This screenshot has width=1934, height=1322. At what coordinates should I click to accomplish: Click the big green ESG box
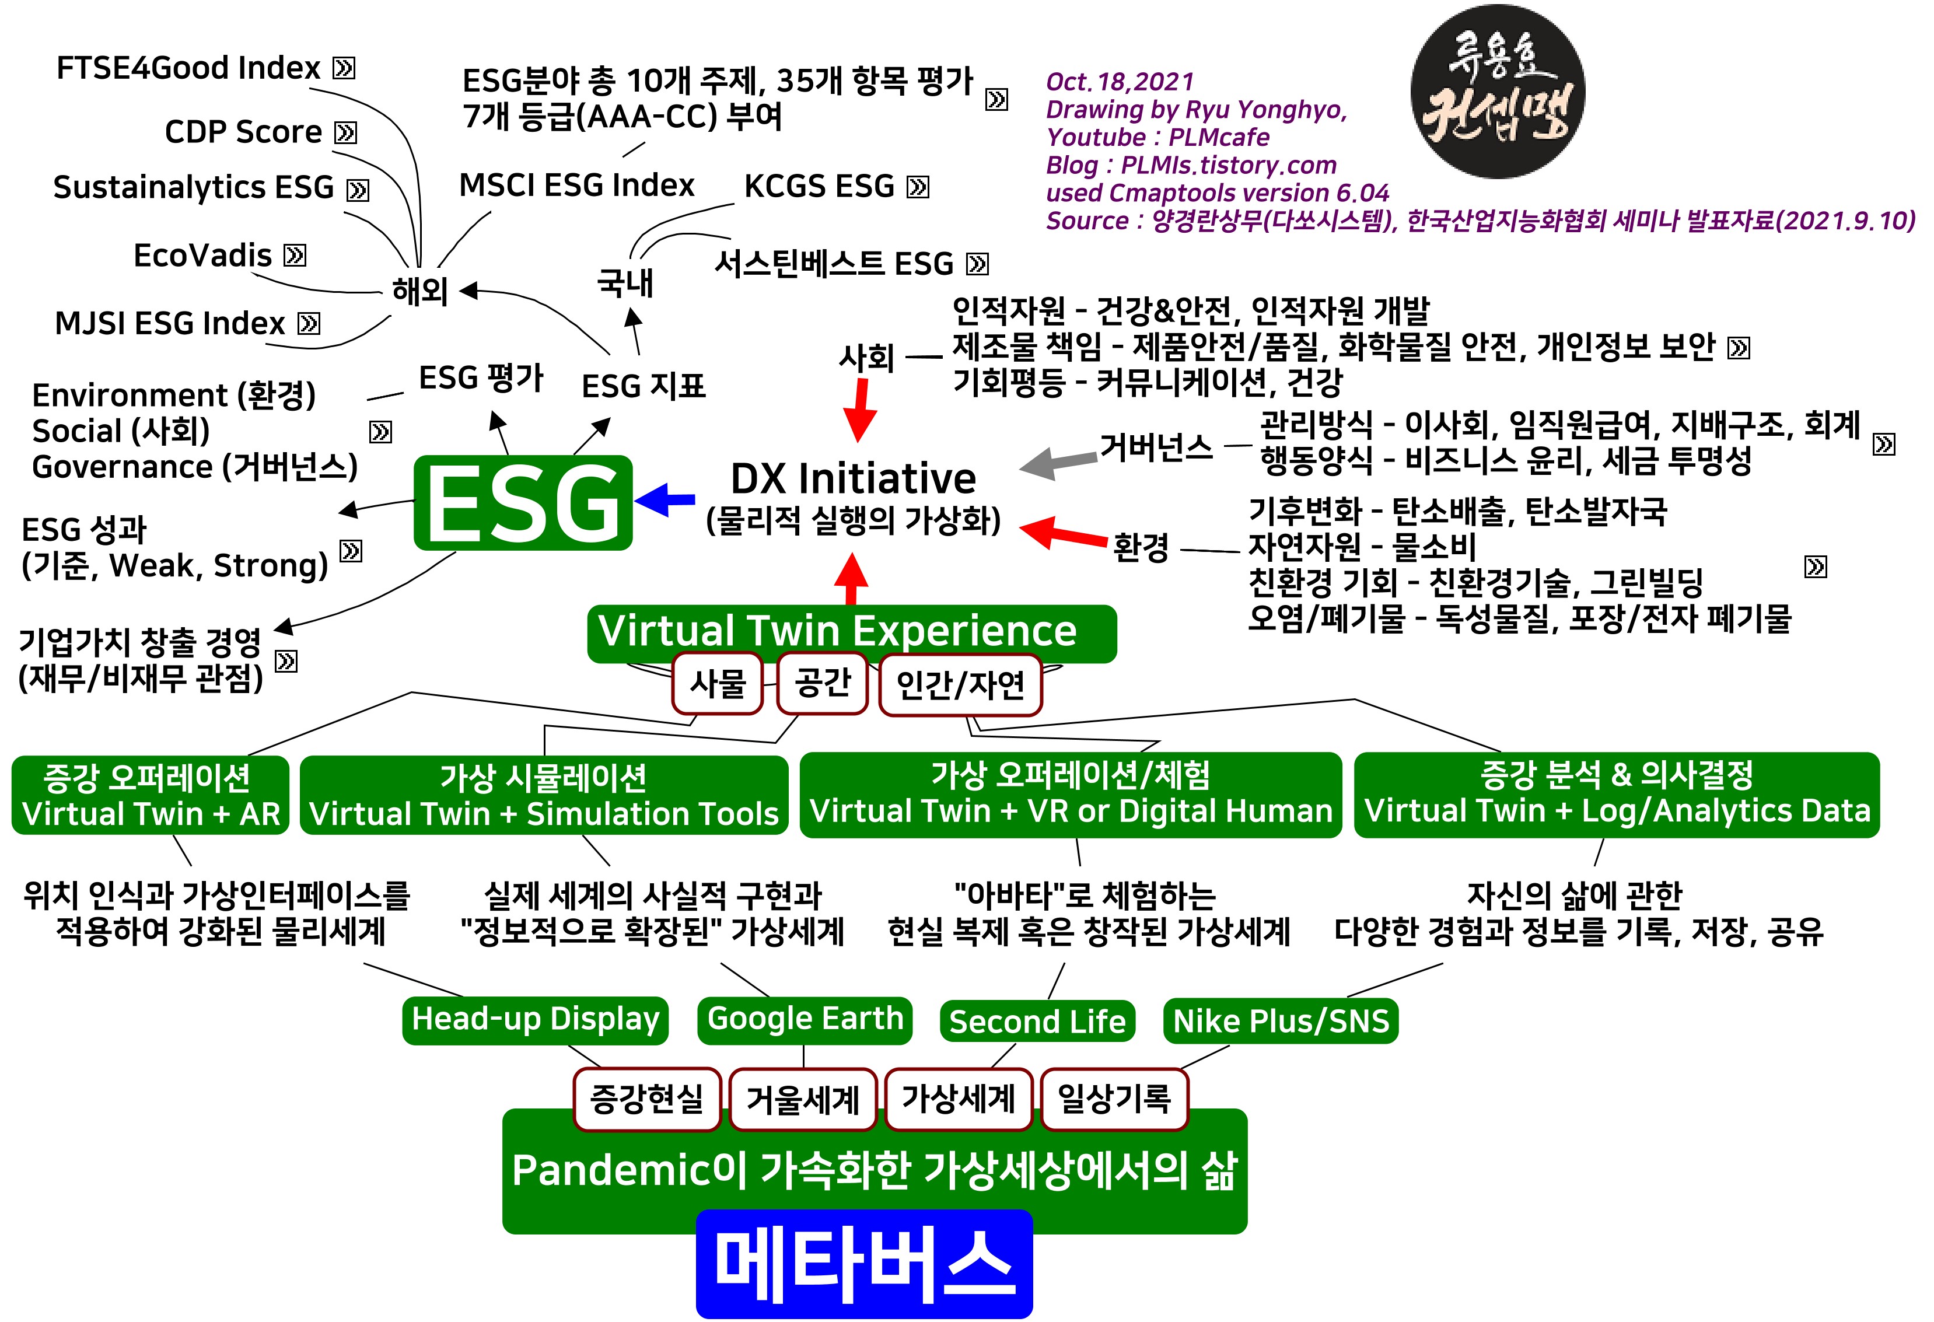pyautogui.click(x=523, y=502)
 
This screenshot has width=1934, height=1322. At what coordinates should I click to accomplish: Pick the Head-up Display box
pyautogui.click(x=535, y=1019)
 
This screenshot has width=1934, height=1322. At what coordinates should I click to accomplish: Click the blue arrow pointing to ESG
pyautogui.click(x=666, y=499)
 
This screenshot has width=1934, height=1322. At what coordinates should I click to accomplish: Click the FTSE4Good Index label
pyautogui.click(x=188, y=68)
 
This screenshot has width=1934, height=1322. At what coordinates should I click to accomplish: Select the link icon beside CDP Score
pyautogui.click(x=345, y=132)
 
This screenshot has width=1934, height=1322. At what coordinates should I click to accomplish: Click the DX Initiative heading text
pyautogui.click(x=853, y=479)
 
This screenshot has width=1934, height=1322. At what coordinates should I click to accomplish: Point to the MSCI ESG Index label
pyautogui.click(x=577, y=186)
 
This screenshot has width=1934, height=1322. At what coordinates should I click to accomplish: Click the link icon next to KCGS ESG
pyautogui.click(x=918, y=187)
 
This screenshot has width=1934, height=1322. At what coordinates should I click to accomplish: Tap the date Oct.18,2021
pyautogui.click(x=1120, y=82)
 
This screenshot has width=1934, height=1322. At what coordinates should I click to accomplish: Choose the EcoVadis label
pyautogui.click(x=202, y=256)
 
